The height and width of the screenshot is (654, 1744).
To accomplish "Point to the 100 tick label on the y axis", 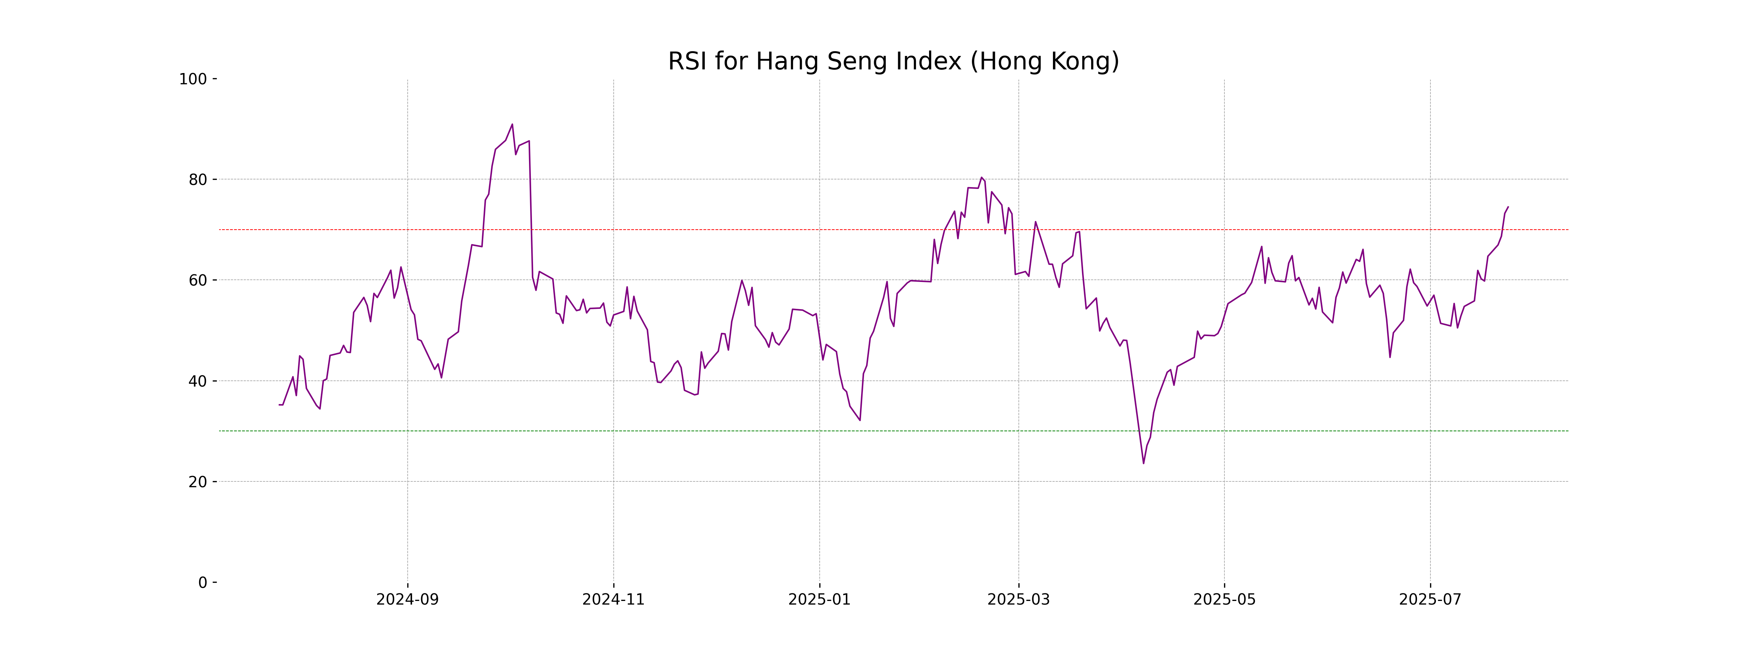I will point(193,79).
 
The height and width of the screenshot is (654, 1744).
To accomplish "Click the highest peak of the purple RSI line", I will point(512,125).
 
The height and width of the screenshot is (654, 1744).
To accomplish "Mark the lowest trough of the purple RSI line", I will point(1143,463).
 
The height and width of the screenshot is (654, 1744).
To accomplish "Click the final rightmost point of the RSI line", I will point(1508,207).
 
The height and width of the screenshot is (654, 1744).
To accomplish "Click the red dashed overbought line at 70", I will point(677,230).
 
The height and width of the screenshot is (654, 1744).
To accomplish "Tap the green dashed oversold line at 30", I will point(677,431).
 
